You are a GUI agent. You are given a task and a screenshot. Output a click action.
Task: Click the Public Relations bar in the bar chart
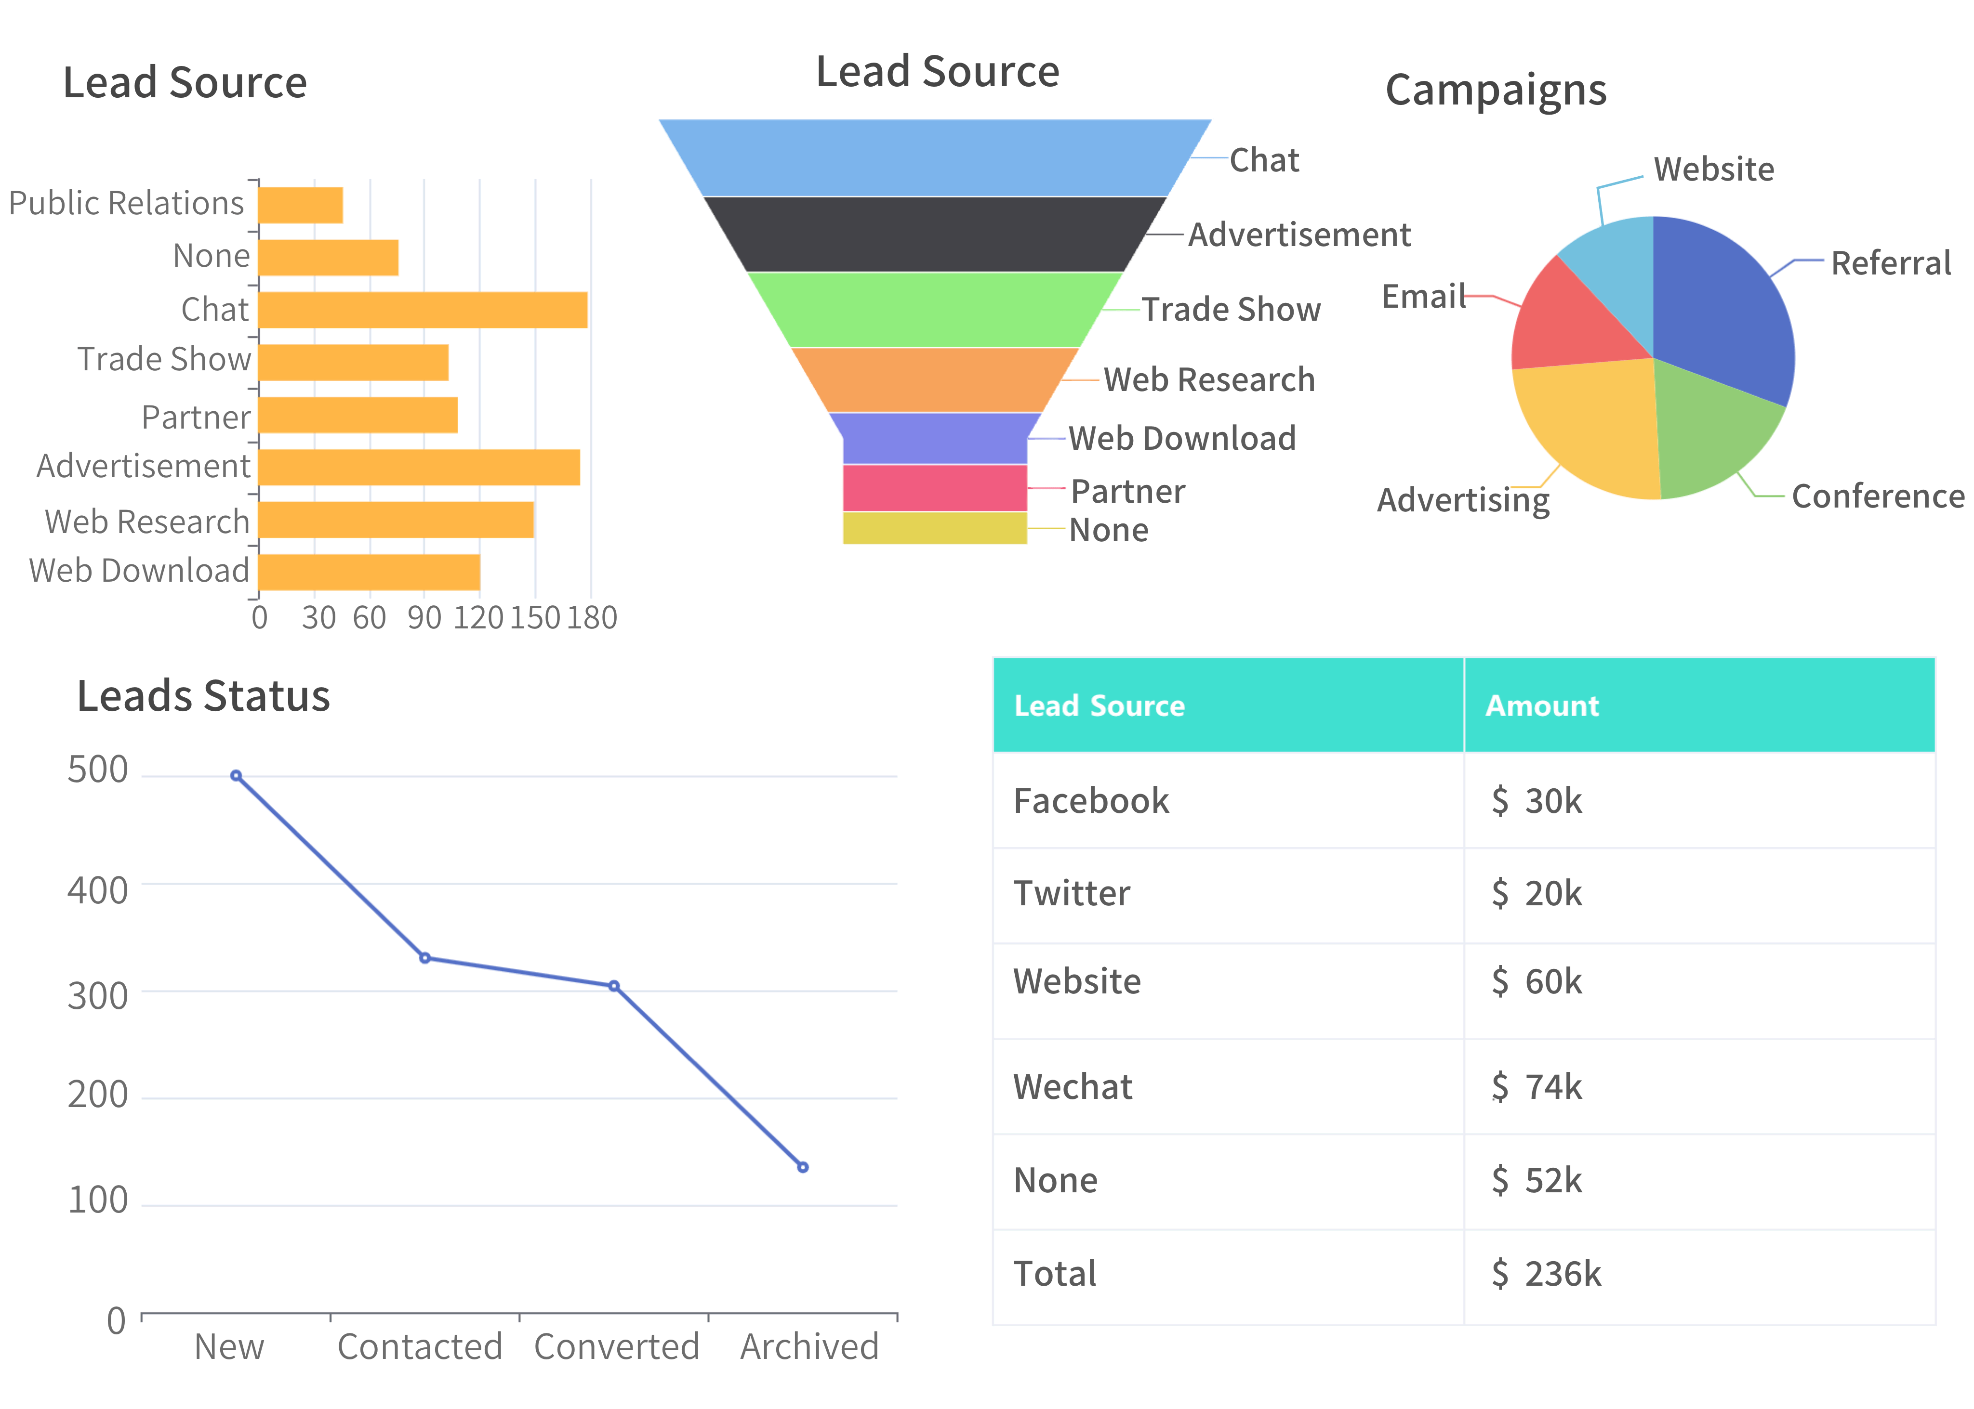coord(300,205)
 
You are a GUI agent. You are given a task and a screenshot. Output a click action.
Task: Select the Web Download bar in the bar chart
coord(369,572)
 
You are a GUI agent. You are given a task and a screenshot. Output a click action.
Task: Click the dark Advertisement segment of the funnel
coord(934,234)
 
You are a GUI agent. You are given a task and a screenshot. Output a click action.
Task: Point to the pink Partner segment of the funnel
coord(934,488)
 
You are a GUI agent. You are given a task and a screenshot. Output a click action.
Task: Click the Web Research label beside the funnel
coord(1208,380)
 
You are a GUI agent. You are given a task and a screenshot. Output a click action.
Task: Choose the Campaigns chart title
coord(1495,90)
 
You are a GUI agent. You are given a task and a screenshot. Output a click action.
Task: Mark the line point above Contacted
coord(424,958)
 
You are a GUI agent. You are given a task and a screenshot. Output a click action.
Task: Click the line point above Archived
coord(803,1167)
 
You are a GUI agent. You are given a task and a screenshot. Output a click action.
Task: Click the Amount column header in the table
coord(1542,705)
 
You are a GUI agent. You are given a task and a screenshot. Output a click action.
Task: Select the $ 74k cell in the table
coord(1537,1086)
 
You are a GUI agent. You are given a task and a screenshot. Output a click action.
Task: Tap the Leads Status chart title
coord(203,696)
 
